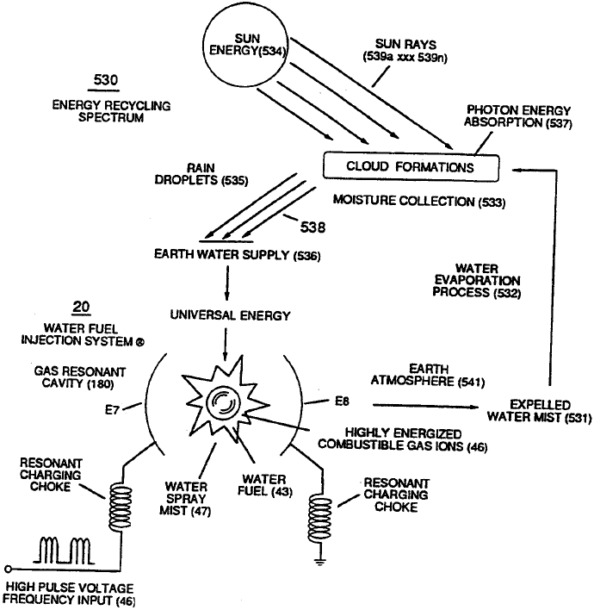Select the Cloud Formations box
click(398, 166)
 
